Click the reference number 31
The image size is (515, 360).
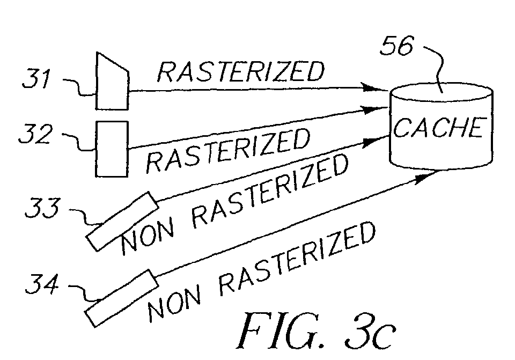36,78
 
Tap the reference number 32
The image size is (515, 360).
35,134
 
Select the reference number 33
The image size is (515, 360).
43,208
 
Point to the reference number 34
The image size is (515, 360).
42,284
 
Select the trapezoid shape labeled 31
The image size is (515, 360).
112,81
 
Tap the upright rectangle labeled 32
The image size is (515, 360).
112,149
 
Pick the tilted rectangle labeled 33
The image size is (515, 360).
122,222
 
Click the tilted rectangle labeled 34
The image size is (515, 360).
122,299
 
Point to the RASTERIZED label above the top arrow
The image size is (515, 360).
241,71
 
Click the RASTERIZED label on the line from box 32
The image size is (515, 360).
228,150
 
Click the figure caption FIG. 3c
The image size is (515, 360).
316,331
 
